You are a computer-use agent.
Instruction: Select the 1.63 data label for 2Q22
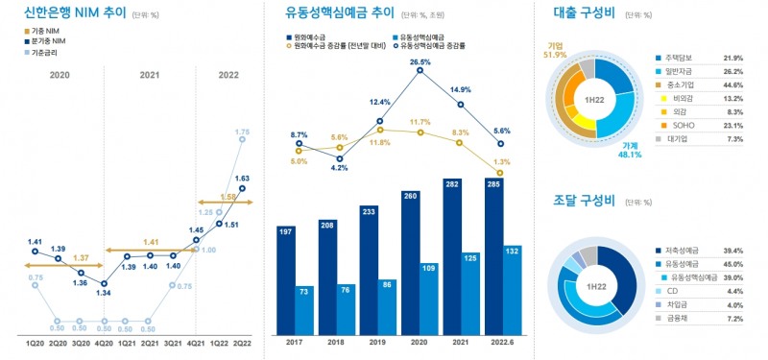pyautogui.click(x=243, y=179)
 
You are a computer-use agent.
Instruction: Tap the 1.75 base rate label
pyautogui.click(x=243, y=132)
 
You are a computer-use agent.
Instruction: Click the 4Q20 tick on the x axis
pyautogui.click(x=104, y=341)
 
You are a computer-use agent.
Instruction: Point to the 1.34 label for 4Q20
pyautogui.click(x=104, y=295)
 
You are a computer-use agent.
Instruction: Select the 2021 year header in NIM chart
pyautogui.click(x=150, y=74)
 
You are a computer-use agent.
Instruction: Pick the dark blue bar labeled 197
pyautogui.click(x=285, y=277)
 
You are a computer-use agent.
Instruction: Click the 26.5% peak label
pyautogui.click(x=420, y=62)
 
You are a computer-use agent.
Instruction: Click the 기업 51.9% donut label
pyautogui.click(x=554, y=50)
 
